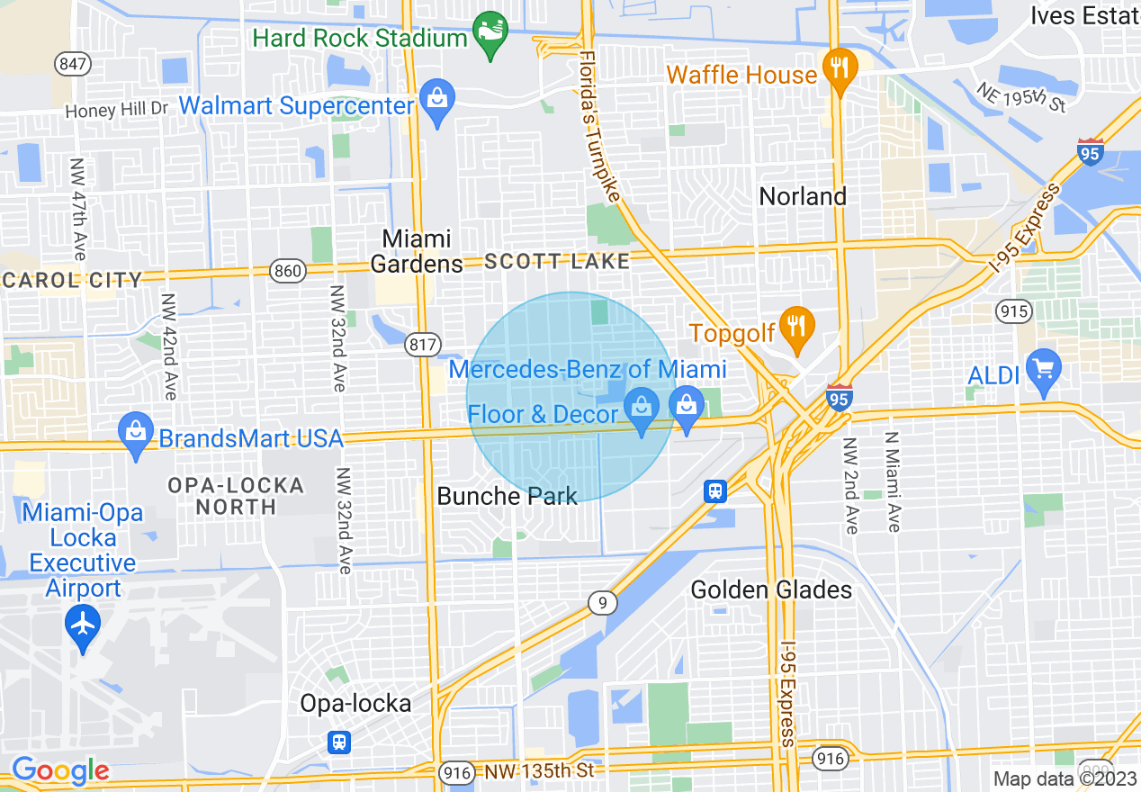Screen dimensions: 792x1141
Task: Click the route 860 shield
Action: coord(290,270)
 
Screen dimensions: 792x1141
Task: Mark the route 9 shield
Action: coord(603,603)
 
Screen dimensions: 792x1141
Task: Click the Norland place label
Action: coord(803,196)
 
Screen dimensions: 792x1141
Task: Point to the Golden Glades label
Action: coord(771,589)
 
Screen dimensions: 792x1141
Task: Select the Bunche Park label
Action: coord(507,496)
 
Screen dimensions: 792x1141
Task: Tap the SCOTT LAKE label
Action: coord(557,262)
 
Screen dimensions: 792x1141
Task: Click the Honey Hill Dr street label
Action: coord(117,110)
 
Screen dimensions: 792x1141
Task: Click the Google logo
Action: coord(60,770)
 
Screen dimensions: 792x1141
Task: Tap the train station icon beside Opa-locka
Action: coord(339,742)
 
